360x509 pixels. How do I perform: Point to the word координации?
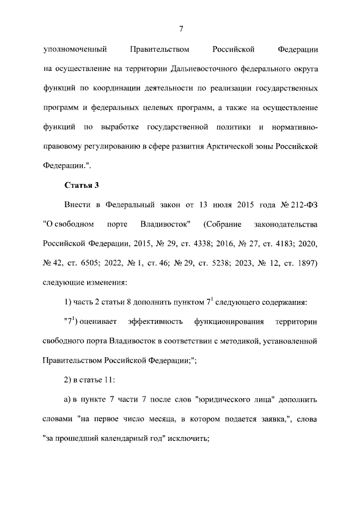(x=110, y=89)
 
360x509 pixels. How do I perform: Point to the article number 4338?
(x=183, y=244)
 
